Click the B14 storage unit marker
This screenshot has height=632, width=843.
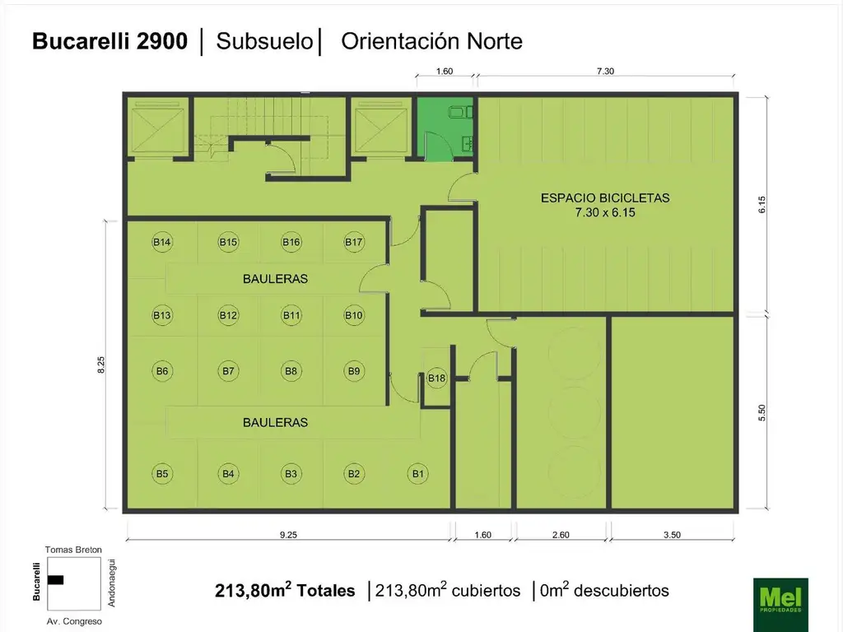pos(162,242)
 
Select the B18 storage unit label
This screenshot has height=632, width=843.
pos(436,378)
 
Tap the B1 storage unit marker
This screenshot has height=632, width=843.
pos(418,473)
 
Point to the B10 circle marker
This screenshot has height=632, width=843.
pos(354,315)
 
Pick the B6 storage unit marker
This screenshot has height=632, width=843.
pos(162,371)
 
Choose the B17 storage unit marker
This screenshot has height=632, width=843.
pos(354,242)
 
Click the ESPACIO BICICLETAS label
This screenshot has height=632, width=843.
pos(605,197)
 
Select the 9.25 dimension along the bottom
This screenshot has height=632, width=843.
pos(287,534)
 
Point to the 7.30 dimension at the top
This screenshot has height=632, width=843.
pos(605,72)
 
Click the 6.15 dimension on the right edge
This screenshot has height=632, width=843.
pos(762,205)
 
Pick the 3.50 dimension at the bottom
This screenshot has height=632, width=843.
pos(672,534)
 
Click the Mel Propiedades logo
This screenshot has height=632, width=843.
pos(780,603)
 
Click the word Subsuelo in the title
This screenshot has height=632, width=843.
pos(264,41)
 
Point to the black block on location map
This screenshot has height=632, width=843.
pos(56,579)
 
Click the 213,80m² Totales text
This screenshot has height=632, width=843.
pos(285,590)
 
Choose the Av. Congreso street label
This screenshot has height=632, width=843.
pos(74,621)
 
